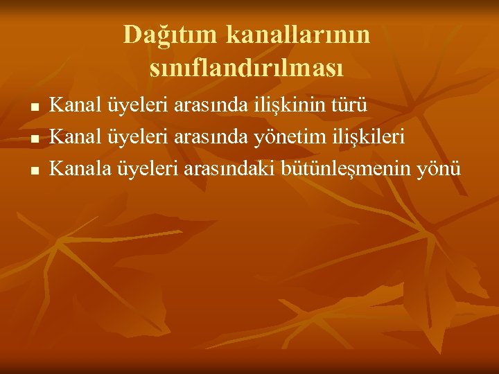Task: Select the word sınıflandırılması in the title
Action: pos(247,68)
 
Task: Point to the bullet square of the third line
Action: pos(35,170)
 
